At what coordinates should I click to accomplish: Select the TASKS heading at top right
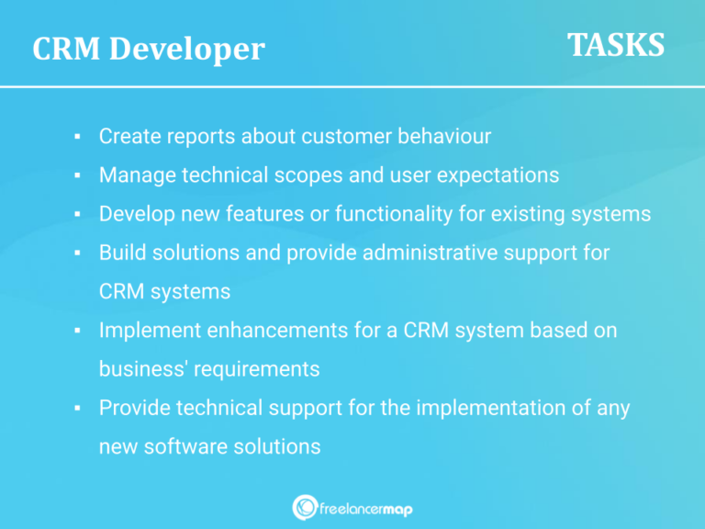[x=615, y=45]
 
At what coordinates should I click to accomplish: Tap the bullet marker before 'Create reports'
[x=79, y=138]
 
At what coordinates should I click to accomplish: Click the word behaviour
[x=444, y=136]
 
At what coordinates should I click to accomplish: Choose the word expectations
[x=499, y=174]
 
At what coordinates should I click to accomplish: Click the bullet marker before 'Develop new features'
[x=79, y=215]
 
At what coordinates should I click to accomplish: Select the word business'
[x=138, y=368]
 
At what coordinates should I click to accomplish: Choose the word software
[x=187, y=446]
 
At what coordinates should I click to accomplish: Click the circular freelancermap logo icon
[x=305, y=507]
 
